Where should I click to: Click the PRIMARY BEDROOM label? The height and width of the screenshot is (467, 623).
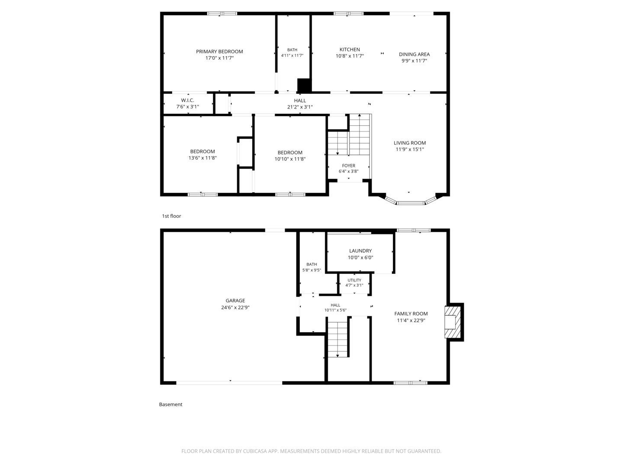[x=219, y=51]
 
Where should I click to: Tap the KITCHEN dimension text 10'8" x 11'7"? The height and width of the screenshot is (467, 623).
[x=350, y=56]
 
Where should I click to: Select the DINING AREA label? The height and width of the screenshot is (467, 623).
[x=414, y=54]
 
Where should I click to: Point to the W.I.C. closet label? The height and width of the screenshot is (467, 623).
[x=188, y=100]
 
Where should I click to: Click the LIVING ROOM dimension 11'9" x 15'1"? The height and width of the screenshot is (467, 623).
[x=410, y=150]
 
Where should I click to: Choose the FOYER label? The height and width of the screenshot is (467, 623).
[x=349, y=166]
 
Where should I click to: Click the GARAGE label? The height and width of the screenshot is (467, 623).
[x=235, y=301]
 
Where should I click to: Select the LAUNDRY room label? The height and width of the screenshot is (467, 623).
[x=360, y=251]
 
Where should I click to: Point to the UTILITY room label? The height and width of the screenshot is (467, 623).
[x=354, y=280]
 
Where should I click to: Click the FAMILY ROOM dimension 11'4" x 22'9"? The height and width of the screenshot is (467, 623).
[x=411, y=320]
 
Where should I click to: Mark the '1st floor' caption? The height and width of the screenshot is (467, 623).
[x=171, y=216]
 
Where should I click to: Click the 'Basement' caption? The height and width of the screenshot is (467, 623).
[x=170, y=404]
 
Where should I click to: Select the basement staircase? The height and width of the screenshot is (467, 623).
[x=338, y=339]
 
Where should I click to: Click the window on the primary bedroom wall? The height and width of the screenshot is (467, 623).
[x=222, y=13]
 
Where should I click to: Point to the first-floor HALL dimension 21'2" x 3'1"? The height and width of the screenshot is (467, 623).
[x=300, y=107]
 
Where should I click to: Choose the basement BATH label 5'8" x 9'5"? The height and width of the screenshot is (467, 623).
[x=311, y=267]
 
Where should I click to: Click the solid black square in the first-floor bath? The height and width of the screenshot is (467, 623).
[x=304, y=85]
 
